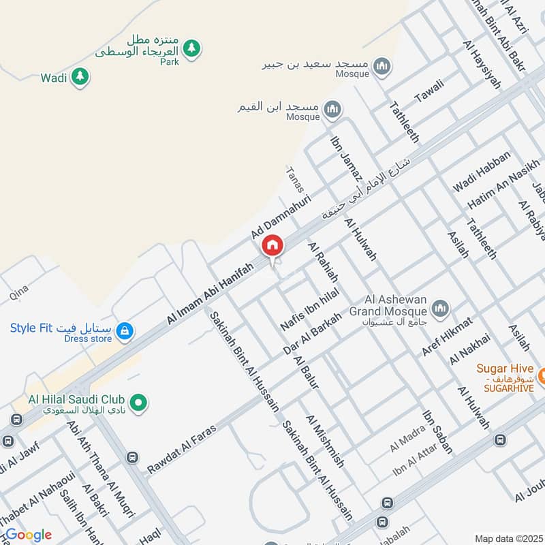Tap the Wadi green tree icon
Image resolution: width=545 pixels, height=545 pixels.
coord(80,77)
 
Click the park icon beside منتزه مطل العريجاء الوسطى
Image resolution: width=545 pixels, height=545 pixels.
coord(193,48)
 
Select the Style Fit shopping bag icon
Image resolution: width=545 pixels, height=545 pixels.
coord(124,331)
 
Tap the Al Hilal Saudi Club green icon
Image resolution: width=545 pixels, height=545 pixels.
coord(139,403)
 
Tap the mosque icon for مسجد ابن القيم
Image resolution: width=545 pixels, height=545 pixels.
coord(332,108)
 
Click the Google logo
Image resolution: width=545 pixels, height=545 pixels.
coord(27,535)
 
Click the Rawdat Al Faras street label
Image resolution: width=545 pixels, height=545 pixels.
coord(181,449)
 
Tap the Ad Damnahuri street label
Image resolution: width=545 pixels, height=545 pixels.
coord(281,215)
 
